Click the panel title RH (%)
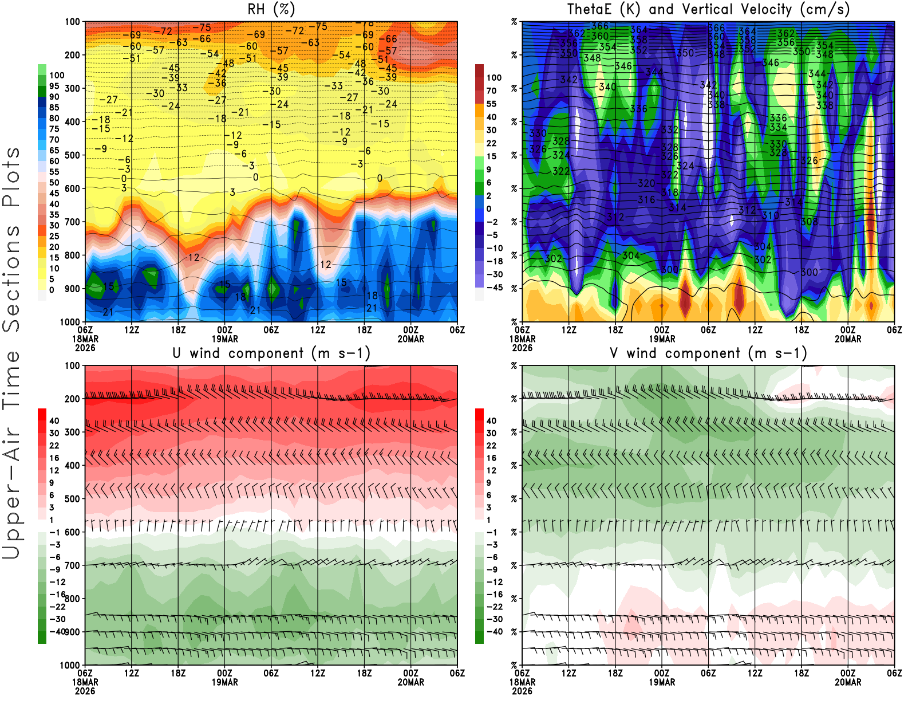pos(271,10)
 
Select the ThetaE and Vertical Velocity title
pos(708,10)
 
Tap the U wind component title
pos(271,353)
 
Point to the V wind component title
pos(708,353)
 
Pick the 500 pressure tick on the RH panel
pos(73,155)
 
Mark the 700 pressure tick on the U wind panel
pos(73,565)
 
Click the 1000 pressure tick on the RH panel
pos(70,322)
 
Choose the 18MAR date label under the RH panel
pos(85,339)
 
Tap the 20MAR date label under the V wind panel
pos(848,682)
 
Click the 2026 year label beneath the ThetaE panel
pos(522,348)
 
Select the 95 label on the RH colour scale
pos(54,86)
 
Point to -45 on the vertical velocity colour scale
pos(495,288)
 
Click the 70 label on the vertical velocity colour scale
pos(491,91)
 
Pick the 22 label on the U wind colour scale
pos(54,446)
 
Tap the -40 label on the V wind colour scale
pos(495,632)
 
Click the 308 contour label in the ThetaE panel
pos(809,222)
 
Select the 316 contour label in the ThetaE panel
pos(646,199)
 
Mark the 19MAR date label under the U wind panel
pos(225,682)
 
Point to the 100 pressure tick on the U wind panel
pos(73,365)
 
